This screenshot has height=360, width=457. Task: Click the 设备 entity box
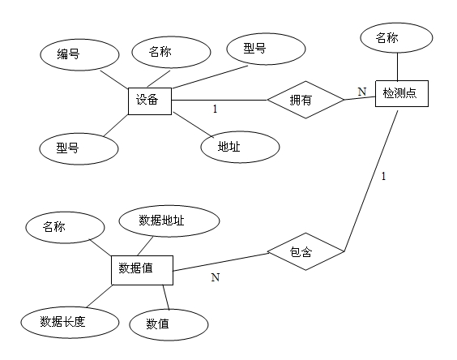pyautogui.click(x=152, y=101)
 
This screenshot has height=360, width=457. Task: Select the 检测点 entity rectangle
pyautogui.click(x=400, y=93)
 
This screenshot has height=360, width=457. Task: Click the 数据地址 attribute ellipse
pyautogui.click(x=169, y=221)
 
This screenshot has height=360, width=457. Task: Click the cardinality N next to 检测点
pyautogui.click(x=362, y=91)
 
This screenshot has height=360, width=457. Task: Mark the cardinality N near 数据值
pyautogui.click(x=215, y=278)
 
